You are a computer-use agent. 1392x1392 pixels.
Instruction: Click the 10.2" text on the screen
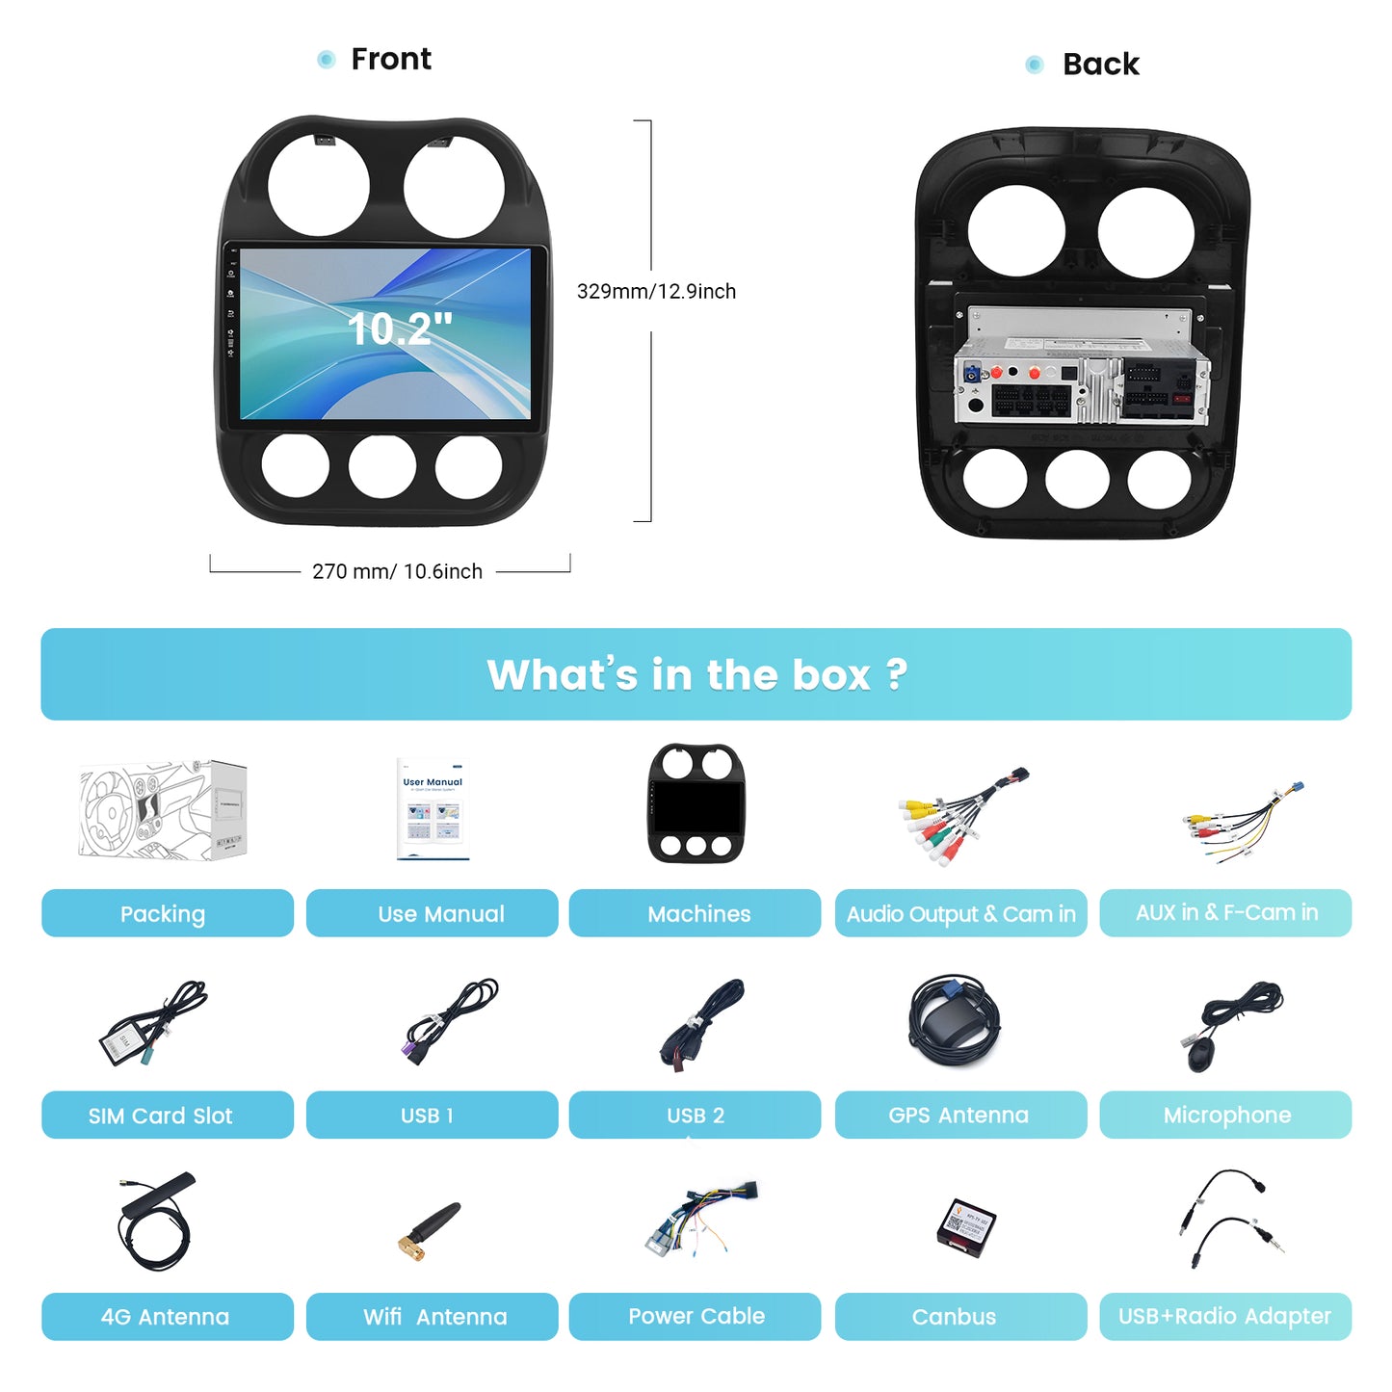coord(400,328)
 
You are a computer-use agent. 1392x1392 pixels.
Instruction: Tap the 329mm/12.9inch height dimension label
coord(656,291)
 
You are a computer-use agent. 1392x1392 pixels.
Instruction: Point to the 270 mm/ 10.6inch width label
coord(397,571)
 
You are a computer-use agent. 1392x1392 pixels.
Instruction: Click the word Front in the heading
coord(391,59)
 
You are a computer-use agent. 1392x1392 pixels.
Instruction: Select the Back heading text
coord(1100,65)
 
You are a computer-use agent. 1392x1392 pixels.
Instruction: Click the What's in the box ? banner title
coord(696,674)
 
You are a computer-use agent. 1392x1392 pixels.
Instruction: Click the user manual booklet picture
coord(433,809)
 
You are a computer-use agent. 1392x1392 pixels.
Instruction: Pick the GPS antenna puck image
coord(955,1021)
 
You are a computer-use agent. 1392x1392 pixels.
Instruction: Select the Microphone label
coord(1225,1115)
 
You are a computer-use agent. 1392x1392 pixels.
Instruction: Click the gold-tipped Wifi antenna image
coord(429,1230)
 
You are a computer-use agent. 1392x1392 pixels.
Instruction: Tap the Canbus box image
coord(966,1227)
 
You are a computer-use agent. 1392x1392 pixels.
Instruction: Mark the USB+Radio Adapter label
coord(1225,1316)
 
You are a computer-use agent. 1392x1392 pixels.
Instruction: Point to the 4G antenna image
coord(156,1221)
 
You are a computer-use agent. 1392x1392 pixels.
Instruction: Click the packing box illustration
coord(163,809)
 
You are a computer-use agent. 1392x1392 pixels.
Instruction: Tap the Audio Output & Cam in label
coord(960,913)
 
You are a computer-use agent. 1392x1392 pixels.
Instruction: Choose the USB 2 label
coord(695,1115)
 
